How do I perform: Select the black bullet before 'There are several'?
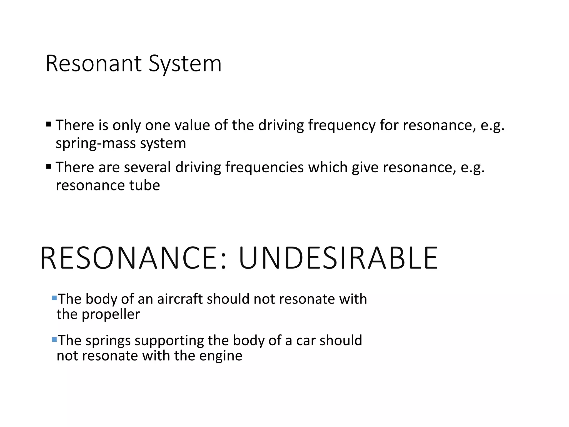coord(49,166)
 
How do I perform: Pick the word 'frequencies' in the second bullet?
coord(264,168)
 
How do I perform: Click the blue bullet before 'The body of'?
coord(54,298)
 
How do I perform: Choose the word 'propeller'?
coord(111,315)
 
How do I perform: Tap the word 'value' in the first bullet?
coord(192,125)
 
